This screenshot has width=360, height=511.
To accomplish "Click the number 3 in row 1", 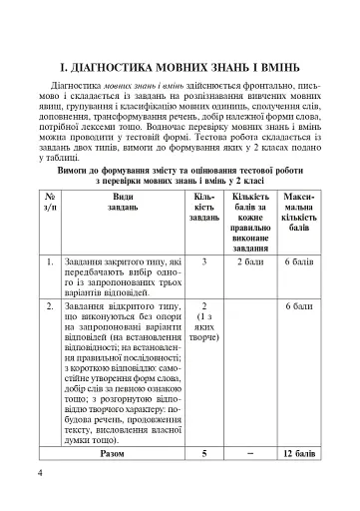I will point(203,262).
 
